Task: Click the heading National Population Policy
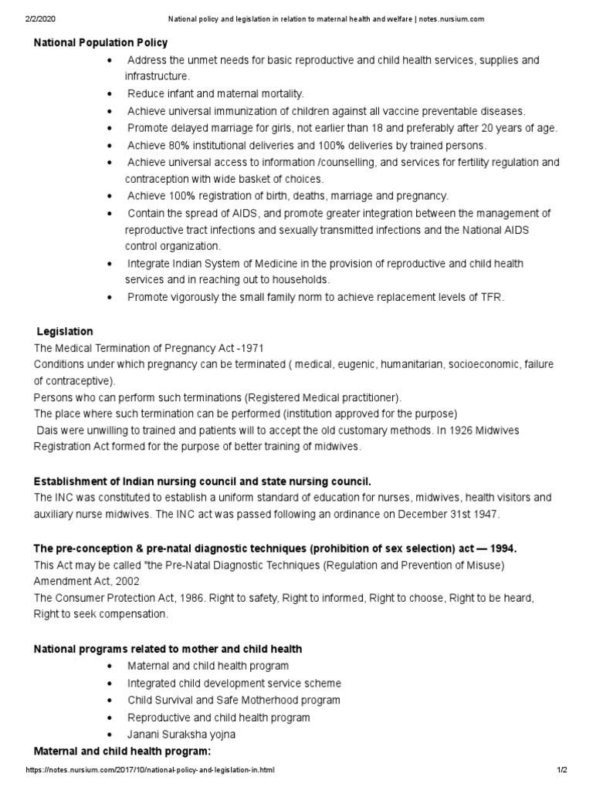pyautogui.click(x=100, y=42)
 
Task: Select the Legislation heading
pyautogui.click(x=65, y=331)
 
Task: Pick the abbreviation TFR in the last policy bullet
pyautogui.click(x=492, y=297)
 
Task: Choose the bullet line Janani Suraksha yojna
pyautogui.click(x=181, y=734)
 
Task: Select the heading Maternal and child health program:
pyautogui.click(x=122, y=751)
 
